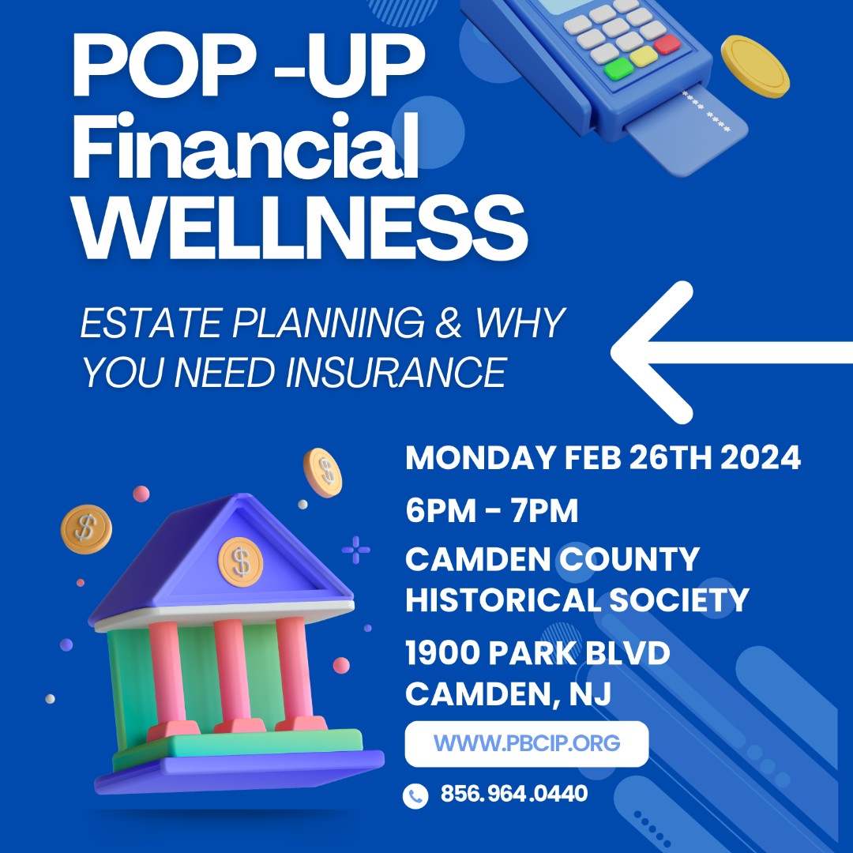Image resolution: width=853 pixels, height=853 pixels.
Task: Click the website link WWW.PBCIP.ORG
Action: coord(527,743)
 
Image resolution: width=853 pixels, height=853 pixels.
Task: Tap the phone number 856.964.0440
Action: coord(513,793)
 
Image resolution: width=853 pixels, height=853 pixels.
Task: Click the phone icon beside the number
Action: coord(415,795)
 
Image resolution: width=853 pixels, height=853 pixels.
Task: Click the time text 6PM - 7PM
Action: coord(491,512)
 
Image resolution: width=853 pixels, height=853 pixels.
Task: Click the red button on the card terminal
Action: coord(667,43)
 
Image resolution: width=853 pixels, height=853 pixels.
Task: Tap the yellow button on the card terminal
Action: coord(643,56)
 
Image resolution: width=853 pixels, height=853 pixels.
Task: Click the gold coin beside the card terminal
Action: coord(755,66)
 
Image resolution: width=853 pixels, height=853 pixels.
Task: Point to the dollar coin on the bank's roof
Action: coord(241,561)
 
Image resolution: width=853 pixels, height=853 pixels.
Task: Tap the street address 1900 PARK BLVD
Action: coord(537,653)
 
